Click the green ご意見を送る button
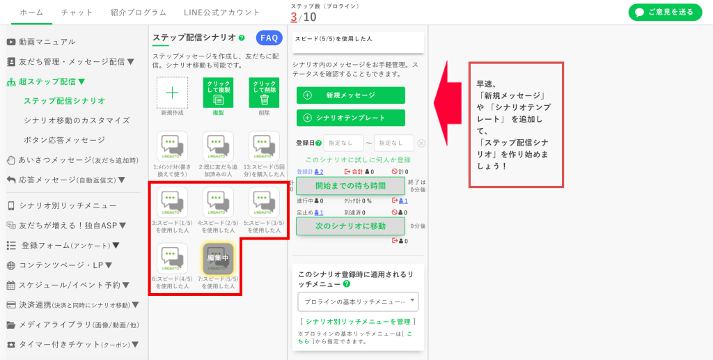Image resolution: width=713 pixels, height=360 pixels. (665, 13)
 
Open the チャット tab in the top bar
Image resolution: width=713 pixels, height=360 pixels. (77, 13)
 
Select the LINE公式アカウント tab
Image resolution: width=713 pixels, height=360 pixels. (221, 13)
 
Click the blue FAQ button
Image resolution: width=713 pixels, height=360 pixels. (269, 38)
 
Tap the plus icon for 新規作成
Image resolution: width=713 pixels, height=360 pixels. (172, 93)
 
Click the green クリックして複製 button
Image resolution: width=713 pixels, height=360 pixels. (218, 93)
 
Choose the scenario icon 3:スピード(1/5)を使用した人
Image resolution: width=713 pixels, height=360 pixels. (172, 203)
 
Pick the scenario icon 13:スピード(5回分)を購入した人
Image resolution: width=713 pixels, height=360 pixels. (264, 147)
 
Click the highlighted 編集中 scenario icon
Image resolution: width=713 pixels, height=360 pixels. (218, 258)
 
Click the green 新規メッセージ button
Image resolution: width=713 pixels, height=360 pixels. (350, 95)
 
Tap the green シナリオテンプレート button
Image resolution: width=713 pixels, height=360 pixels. (350, 118)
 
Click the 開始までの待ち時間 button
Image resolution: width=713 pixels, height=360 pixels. (350, 186)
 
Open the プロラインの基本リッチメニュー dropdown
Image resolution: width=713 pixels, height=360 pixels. (358, 302)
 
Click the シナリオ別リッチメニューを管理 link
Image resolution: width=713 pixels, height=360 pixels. (358, 322)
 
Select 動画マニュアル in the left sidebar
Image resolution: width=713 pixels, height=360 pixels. (47, 42)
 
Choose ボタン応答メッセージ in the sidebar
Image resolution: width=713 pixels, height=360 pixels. (65, 140)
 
